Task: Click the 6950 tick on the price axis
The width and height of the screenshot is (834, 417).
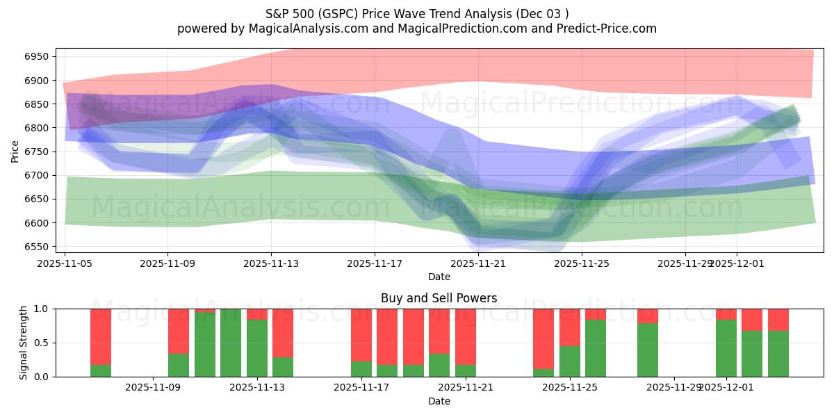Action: click(x=39, y=57)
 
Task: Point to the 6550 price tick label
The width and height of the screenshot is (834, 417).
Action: click(x=39, y=247)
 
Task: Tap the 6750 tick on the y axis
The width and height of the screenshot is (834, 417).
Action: click(x=39, y=152)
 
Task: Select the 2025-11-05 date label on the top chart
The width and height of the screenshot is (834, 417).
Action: click(x=65, y=263)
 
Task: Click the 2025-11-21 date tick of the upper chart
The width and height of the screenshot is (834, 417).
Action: click(x=478, y=263)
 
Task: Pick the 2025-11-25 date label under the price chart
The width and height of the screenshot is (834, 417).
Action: click(x=582, y=263)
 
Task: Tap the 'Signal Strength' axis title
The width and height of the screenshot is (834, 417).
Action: click(x=23, y=342)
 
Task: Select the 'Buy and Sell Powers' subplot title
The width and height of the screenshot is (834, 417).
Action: click(x=439, y=298)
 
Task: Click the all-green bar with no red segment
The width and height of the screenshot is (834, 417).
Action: click(x=231, y=343)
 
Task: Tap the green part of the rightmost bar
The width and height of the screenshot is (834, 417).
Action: click(x=778, y=354)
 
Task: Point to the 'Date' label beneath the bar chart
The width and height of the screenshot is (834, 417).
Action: click(x=439, y=401)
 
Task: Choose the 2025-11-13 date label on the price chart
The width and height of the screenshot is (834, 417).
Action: click(x=271, y=263)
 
